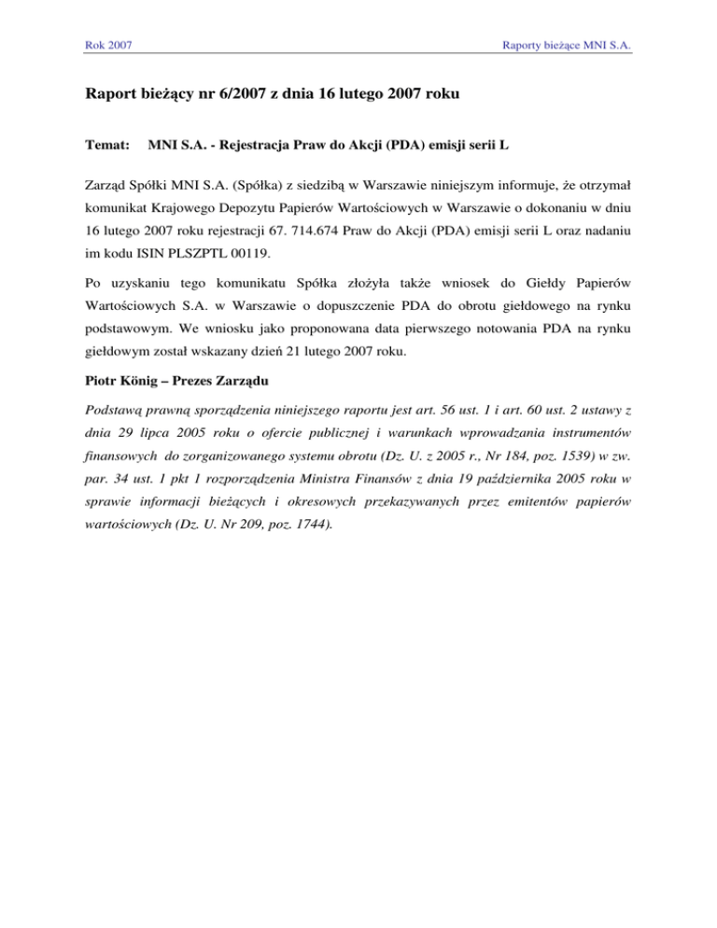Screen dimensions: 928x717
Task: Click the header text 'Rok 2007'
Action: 105,45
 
